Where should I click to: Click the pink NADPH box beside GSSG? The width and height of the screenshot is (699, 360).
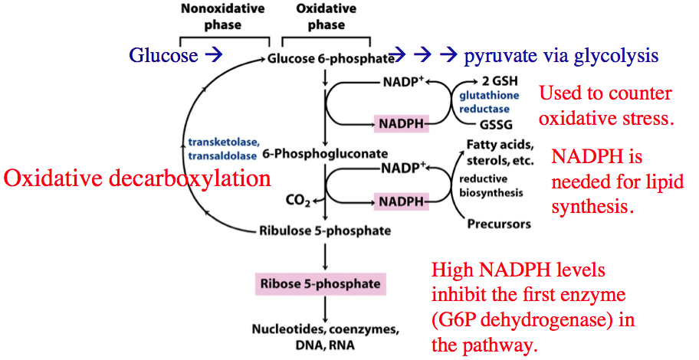pos(399,123)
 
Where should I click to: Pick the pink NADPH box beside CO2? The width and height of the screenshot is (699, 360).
pos(399,201)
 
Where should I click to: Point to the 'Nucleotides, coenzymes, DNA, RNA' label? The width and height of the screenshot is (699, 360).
pos(326,337)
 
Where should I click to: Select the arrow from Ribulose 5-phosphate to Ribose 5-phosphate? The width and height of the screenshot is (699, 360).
pos(327,254)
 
